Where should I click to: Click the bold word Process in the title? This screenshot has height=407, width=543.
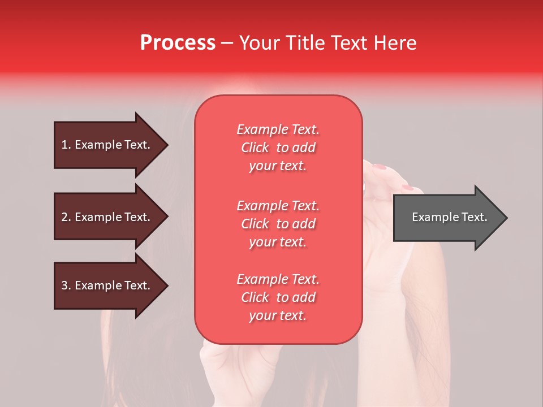(x=178, y=43)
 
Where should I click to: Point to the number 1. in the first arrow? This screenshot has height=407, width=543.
(x=66, y=145)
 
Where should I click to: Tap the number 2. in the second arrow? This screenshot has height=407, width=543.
(x=66, y=217)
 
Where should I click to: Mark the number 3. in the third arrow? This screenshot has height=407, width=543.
(x=66, y=285)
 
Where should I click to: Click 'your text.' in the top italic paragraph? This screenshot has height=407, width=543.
(x=278, y=166)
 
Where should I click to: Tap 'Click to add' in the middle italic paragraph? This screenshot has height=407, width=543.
(x=278, y=224)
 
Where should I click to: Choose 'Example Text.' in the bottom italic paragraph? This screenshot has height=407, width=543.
(x=278, y=279)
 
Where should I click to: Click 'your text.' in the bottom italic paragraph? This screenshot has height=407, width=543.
(x=278, y=316)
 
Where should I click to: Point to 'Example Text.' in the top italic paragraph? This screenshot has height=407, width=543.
(x=278, y=129)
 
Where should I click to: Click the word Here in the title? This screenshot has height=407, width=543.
(x=396, y=43)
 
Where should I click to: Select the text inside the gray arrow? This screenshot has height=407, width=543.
(x=449, y=217)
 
